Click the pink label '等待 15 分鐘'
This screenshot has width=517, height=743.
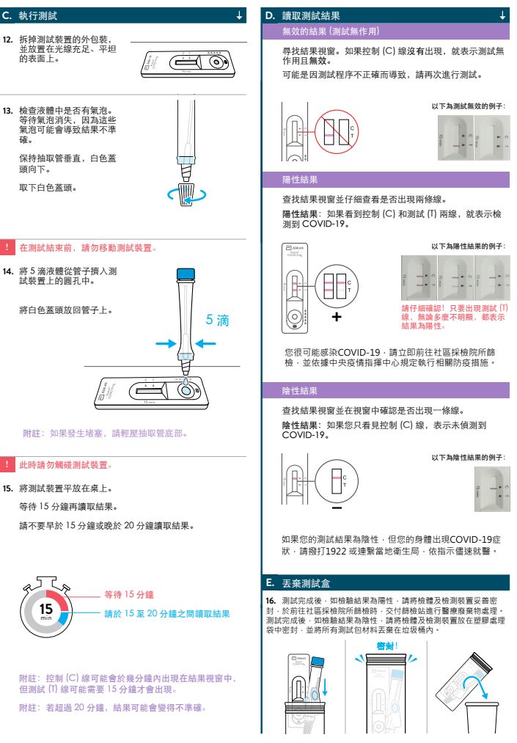[x=128, y=593]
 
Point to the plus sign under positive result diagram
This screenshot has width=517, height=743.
[x=336, y=317]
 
